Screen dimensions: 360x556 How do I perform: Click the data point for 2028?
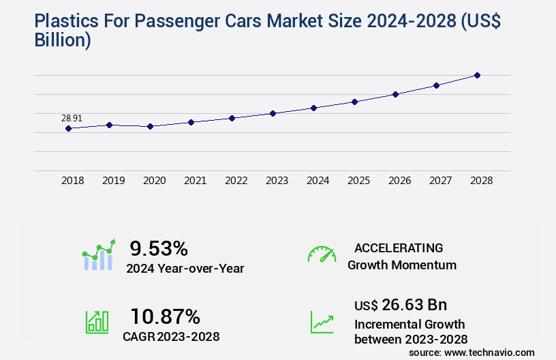click(477, 75)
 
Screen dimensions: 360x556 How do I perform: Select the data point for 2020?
click(150, 126)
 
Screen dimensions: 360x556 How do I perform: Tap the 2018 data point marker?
click(68, 128)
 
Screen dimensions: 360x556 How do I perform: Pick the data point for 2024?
click(313, 108)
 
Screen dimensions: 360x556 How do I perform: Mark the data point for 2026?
click(395, 94)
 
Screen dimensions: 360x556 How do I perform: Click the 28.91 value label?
click(72, 118)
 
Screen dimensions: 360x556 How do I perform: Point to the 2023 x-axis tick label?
click(277, 181)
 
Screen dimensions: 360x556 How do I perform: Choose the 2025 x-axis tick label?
click(358, 181)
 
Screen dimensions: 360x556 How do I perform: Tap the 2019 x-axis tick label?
click(113, 181)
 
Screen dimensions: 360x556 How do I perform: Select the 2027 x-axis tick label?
click(440, 181)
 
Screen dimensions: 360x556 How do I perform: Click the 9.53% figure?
click(159, 248)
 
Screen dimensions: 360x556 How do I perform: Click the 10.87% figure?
click(166, 316)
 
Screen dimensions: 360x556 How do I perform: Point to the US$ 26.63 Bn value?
click(401, 305)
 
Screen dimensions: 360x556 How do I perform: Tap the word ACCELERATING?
click(399, 248)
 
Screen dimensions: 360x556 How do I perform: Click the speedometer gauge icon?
click(322, 254)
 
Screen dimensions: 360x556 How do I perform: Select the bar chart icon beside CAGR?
click(97, 322)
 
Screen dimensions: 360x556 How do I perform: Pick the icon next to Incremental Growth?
click(322, 322)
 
